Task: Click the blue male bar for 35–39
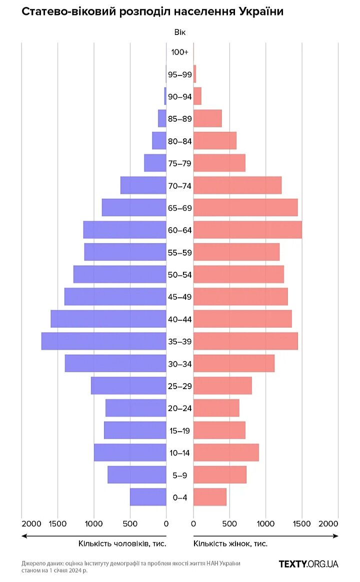coord(103,341)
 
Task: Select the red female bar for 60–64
coord(247,230)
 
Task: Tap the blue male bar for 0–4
coord(148,497)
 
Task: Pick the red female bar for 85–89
coord(207,118)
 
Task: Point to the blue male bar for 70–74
coord(143,185)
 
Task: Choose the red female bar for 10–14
coord(226,453)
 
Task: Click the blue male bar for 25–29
coord(128,386)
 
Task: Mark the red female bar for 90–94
coord(197,96)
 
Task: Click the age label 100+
coord(179,52)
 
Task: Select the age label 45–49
coord(179,297)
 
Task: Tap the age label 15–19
coord(179,431)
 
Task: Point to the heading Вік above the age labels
coord(179,32)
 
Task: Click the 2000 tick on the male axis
coord(31,523)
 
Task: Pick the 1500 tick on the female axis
coord(301,523)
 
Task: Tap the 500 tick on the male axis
coord(130,523)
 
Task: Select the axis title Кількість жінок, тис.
coord(230,544)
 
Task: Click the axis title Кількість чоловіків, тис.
coord(122,544)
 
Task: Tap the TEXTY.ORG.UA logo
coord(308,564)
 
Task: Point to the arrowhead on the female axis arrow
coord(336,536)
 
